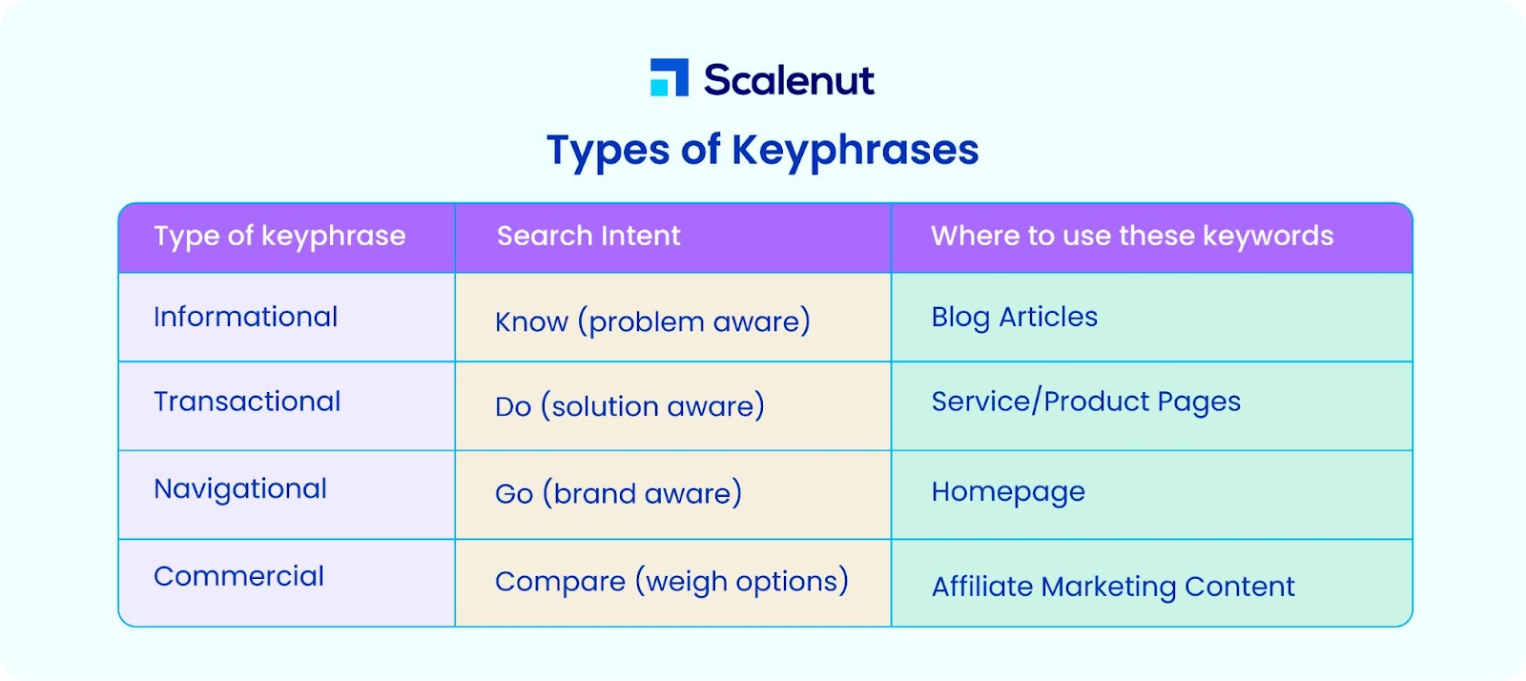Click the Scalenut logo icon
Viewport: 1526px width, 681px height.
click(669, 77)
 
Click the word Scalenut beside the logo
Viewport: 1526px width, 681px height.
click(789, 80)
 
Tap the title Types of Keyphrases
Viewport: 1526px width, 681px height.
click(762, 151)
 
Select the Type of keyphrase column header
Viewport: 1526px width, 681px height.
click(279, 237)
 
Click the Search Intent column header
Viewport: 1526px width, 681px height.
click(588, 236)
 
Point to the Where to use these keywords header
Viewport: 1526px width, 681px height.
click(1131, 237)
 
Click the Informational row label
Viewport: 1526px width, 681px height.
click(245, 317)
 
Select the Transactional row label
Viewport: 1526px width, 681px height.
click(247, 402)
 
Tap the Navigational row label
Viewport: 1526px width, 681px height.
click(239, 489)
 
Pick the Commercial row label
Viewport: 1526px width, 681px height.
click(238, 576)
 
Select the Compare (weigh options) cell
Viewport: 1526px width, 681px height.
click(671, 582)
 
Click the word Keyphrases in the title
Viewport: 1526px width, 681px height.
click(855, 151)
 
